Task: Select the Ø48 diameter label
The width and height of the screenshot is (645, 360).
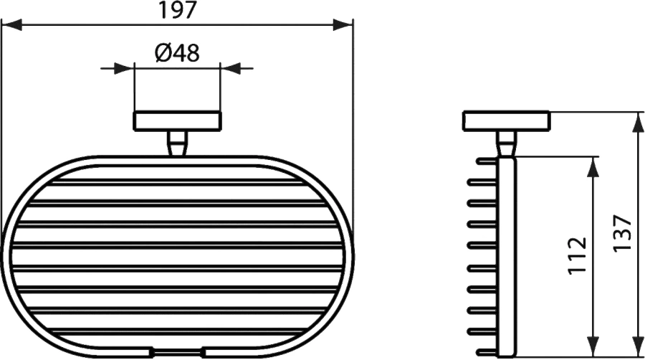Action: [176, 52]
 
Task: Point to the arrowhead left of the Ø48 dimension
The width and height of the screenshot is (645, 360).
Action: [127, 68]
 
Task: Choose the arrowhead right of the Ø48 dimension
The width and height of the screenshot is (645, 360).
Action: [227, 68]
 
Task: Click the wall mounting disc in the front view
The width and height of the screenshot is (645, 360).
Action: [177, 121]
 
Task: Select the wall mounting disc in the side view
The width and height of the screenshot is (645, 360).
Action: [506, 121]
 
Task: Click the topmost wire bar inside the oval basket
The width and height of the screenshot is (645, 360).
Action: [178, 181]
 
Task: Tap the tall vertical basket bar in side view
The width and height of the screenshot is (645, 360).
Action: [507, 255]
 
